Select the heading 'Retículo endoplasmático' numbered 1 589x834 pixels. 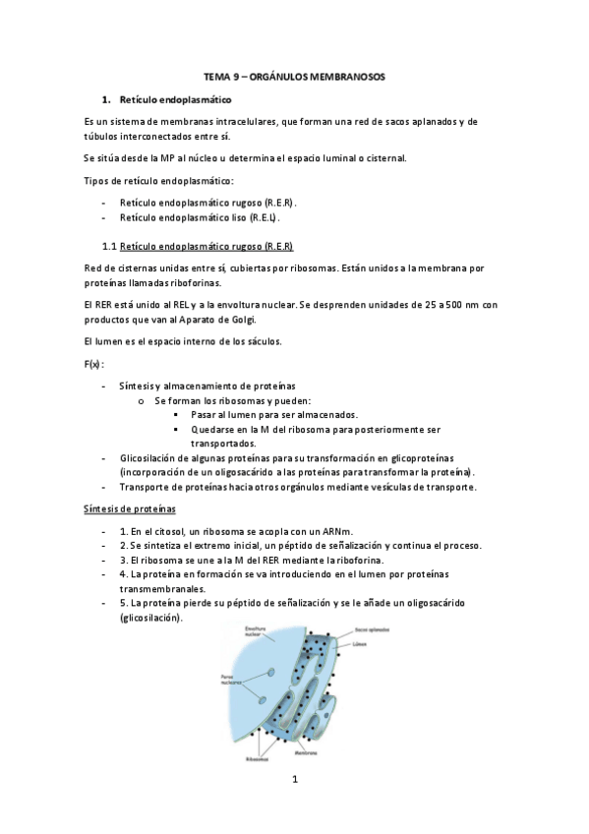174,100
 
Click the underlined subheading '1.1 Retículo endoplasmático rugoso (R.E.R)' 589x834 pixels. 198,245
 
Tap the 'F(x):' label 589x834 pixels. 95,365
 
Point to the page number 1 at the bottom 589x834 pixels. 294,781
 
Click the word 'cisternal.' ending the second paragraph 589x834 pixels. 379,158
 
